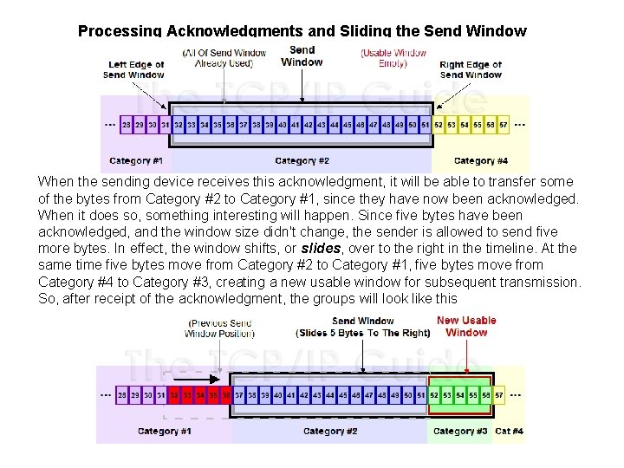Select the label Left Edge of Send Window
click(x=133, y=69)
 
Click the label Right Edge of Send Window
click(x=471, y=69)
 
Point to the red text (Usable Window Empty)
click(x=393, y=57)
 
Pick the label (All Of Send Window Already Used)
click(x=224, y=57)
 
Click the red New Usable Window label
click(x=466, y=326)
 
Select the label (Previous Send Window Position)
click(x=218, y=328)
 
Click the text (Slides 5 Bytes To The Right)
click(x=362, y=333)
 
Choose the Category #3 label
click(x=459, y=431)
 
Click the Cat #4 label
click(x=509, y=431)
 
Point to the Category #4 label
click(x=480, y=160)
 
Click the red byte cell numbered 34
click(x=200, y=394)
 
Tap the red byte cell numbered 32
click(x=174, y=394)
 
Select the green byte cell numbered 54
click(x=461, y=394)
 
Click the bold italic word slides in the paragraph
click(x=322, y=249)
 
